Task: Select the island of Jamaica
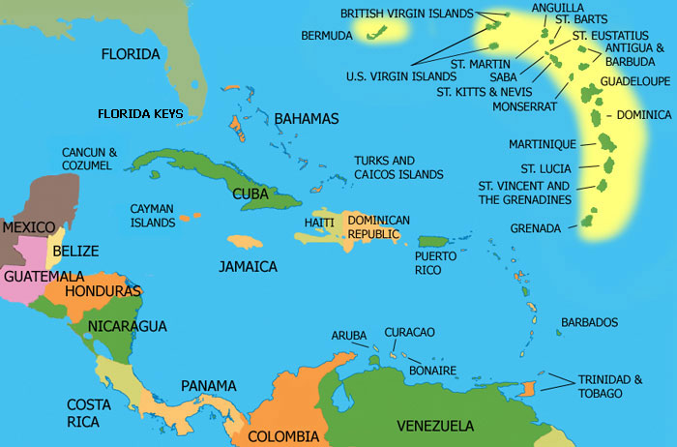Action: (x=246, y=243)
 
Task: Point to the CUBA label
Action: (x=250, y=194)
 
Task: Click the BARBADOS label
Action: (x=589, y=322)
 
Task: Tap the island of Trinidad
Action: (x=526, y=388)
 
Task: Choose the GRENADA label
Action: (x=536, y=228)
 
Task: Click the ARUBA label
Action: (x=349, y=335)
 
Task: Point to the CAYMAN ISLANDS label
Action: (x=153, y=216)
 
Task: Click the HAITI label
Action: (x=318, y=223)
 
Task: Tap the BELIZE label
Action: (x=74, y=251)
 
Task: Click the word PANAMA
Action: (x=208, y=386)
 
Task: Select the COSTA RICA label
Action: (x=88, y=412)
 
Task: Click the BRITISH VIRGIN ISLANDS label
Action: (x=407, y=14)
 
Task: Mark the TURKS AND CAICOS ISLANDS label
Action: (x=398, y=167)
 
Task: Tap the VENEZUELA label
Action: (x=434, y=426)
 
